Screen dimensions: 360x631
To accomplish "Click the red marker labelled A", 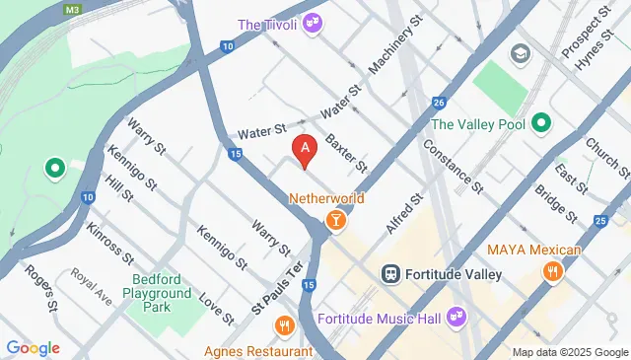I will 306,151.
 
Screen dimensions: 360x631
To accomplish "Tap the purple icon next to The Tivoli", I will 314,21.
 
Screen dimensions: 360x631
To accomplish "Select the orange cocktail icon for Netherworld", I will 335,219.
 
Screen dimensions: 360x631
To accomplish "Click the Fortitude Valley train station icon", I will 390,272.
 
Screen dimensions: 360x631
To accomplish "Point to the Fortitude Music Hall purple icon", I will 456,318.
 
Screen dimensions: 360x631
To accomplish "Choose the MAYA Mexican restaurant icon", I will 553,269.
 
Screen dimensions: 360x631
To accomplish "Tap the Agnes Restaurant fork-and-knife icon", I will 285,325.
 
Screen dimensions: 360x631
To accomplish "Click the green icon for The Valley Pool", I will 540,124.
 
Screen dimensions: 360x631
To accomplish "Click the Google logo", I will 33,347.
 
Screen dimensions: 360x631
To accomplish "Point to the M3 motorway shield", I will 70,9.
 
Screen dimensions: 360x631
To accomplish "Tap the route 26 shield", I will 439,103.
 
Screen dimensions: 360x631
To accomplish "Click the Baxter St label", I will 346,152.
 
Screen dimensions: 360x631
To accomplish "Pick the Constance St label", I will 453,166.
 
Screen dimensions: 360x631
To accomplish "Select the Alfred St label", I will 404,214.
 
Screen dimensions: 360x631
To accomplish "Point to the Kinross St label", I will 109,243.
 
